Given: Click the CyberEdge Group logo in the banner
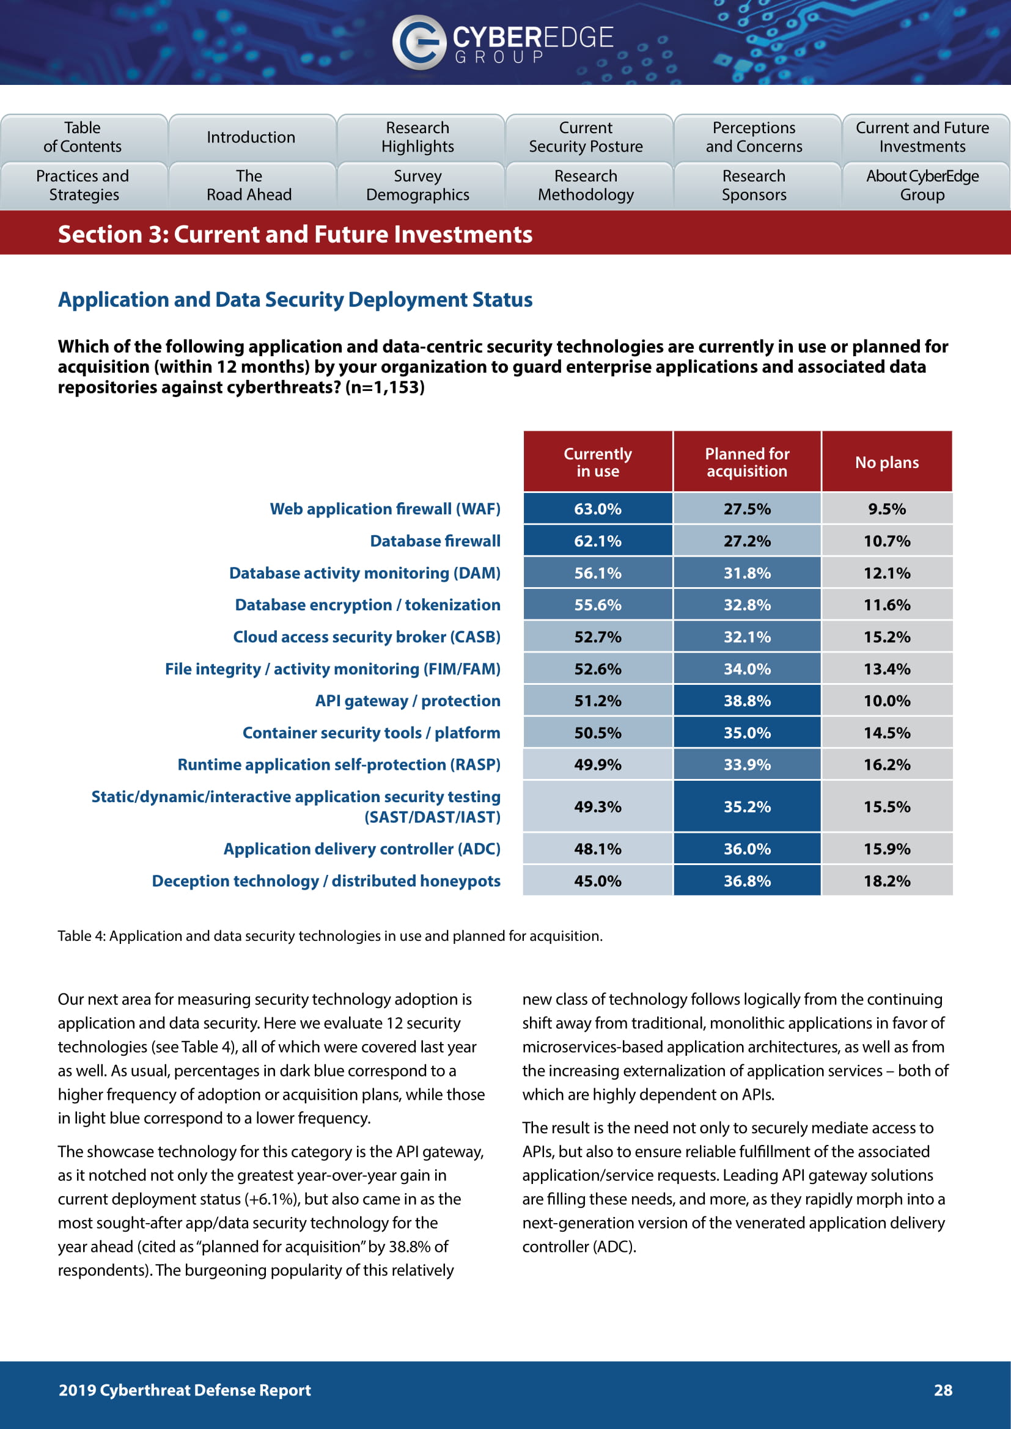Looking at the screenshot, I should [503, 42].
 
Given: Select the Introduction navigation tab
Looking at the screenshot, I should [251, 137].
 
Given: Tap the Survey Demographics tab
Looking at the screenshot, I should [417, 186].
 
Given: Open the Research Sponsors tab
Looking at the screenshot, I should [754, 186].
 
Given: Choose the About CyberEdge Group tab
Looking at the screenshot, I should [922, 186].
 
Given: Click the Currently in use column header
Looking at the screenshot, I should [598, 462].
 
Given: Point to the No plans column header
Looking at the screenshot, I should [886, 462].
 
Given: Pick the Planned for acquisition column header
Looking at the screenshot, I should [747, 462].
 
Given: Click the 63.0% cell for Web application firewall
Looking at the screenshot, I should [598, 509].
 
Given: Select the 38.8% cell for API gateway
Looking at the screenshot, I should [747, 701].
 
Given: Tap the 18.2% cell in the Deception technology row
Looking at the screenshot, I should [886, 881].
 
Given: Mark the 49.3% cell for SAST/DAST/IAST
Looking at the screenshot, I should [598, 806].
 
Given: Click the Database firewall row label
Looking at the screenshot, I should [435, 541].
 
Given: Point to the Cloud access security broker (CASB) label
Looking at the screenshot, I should [367, 637].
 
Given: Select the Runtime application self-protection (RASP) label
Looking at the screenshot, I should [339, 764].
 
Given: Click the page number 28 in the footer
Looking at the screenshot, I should [943, 1390].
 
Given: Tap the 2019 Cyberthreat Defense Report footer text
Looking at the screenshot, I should [184, 1390].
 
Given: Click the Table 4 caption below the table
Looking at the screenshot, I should [330, 936].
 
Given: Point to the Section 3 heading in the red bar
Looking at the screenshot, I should [295, 235].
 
